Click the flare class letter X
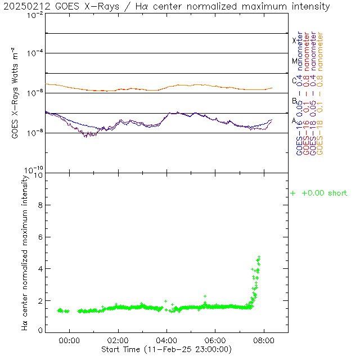point(294,40)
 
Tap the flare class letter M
point(294,61)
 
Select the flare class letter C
point(294,81)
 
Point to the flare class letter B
point(294,101)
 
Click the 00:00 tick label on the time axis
point(69,340)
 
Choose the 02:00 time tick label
point(118,340)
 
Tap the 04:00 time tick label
point(166,340)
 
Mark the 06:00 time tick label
point(215,340)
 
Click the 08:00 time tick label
point(264,340)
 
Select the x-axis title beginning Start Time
point(166,349)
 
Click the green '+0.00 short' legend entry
point(319,193)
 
